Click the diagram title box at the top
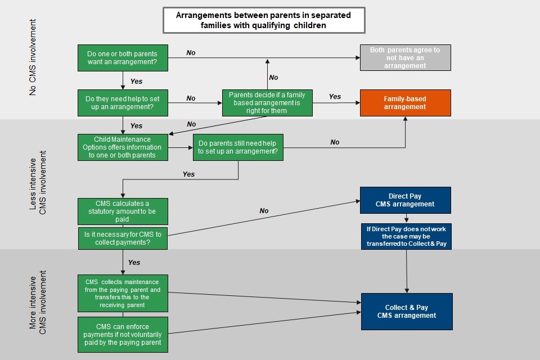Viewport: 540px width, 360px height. [x=264, y=20]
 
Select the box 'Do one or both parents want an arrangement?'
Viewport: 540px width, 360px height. [x=123, y=58]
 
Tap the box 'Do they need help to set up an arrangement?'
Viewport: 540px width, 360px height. [x=123, y=102]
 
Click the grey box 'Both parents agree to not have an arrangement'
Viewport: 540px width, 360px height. [x=405, y=57]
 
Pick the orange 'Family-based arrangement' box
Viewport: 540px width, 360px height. [x=405, y=102]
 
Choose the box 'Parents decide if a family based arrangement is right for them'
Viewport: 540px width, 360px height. [x=267, y=102]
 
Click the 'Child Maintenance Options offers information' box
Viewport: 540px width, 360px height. [x=123, y=147]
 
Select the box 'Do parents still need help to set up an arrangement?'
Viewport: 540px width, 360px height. [x=238, y=147]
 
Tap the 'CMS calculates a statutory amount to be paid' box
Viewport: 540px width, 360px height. [x=123, y=211]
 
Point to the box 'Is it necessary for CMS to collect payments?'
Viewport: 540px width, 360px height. [x=123, y=238]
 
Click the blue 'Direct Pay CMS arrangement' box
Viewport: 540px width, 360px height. [x=405, y=200]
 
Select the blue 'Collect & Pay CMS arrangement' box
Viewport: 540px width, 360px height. [x=406, y=312]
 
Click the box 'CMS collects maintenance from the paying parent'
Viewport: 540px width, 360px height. [x=123, y=292]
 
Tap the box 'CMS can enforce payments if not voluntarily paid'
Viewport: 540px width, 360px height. [x=123, y=334]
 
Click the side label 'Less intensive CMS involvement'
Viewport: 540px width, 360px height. [x=37, y=183]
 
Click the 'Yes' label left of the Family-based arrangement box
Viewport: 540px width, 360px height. [x=335, y=97]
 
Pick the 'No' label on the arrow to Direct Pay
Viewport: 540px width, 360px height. [x=264, y=211]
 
